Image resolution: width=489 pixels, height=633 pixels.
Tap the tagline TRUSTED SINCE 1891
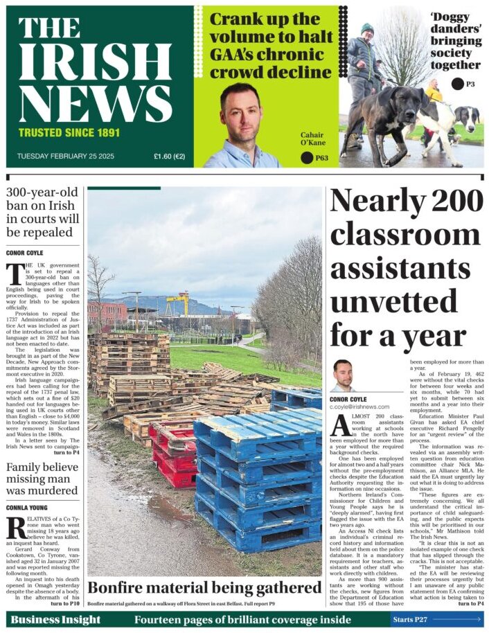69,132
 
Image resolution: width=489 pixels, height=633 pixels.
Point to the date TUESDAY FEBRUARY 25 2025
65,157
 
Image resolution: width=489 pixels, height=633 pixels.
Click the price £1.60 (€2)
169,157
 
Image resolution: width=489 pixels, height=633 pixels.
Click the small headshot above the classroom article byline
343,374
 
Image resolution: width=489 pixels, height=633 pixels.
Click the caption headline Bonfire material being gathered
204,588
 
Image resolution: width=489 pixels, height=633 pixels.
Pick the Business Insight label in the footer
55,619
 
